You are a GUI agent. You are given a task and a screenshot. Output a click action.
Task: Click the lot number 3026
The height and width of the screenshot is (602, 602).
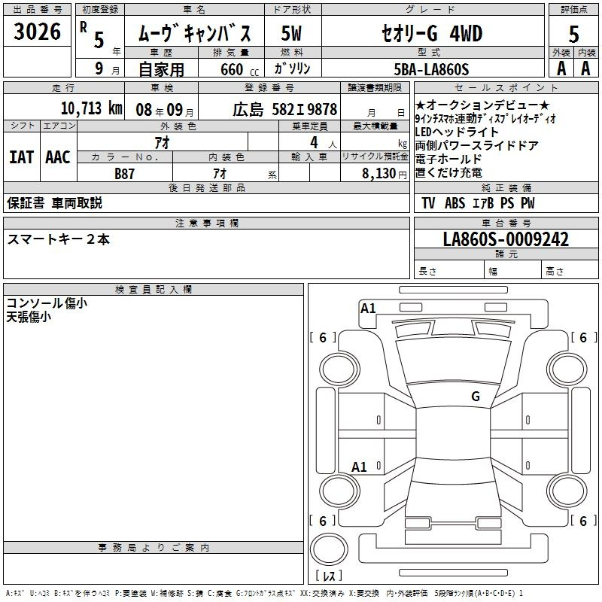(37, 32)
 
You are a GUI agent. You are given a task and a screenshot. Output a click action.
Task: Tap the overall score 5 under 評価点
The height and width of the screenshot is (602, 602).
(573, 34)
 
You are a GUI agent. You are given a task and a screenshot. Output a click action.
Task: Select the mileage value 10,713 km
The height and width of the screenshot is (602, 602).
(92, 108)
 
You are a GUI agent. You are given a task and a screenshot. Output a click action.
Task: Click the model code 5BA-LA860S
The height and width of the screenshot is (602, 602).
(431, 69)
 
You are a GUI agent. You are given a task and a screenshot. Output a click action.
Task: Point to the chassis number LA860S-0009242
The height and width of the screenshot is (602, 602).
(506, 239)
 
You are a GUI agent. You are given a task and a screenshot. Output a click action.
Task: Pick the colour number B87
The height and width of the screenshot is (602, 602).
(124, 174)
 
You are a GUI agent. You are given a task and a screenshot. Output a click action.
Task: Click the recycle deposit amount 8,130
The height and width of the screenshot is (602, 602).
(379, 174)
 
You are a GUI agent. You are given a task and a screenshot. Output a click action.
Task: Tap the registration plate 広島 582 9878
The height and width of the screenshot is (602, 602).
(285, 109)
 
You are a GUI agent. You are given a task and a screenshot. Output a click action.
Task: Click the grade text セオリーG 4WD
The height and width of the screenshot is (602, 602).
(432, 34)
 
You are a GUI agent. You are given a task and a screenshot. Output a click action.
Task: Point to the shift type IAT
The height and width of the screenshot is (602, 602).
(22, 157)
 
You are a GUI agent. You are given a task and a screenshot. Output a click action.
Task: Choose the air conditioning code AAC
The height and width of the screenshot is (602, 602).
(58, 157)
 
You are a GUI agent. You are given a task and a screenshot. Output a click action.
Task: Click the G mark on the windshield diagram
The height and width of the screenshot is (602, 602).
(476, 397)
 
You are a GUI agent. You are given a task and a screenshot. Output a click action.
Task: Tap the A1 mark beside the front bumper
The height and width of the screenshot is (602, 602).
(368, 309)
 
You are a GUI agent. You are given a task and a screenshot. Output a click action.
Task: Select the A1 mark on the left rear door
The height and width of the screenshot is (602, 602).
(359, 467)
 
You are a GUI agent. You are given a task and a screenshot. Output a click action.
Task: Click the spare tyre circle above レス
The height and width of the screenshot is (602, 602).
(329, 549)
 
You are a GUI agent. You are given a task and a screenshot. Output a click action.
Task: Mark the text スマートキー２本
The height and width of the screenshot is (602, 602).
(59, 239)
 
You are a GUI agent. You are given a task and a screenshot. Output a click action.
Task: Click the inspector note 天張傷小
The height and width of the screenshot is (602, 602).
(29, 317)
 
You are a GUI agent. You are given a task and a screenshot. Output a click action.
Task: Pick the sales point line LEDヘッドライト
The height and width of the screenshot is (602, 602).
(457, 132)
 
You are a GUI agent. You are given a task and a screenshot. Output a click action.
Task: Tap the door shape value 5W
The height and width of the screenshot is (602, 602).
(291, 33)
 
